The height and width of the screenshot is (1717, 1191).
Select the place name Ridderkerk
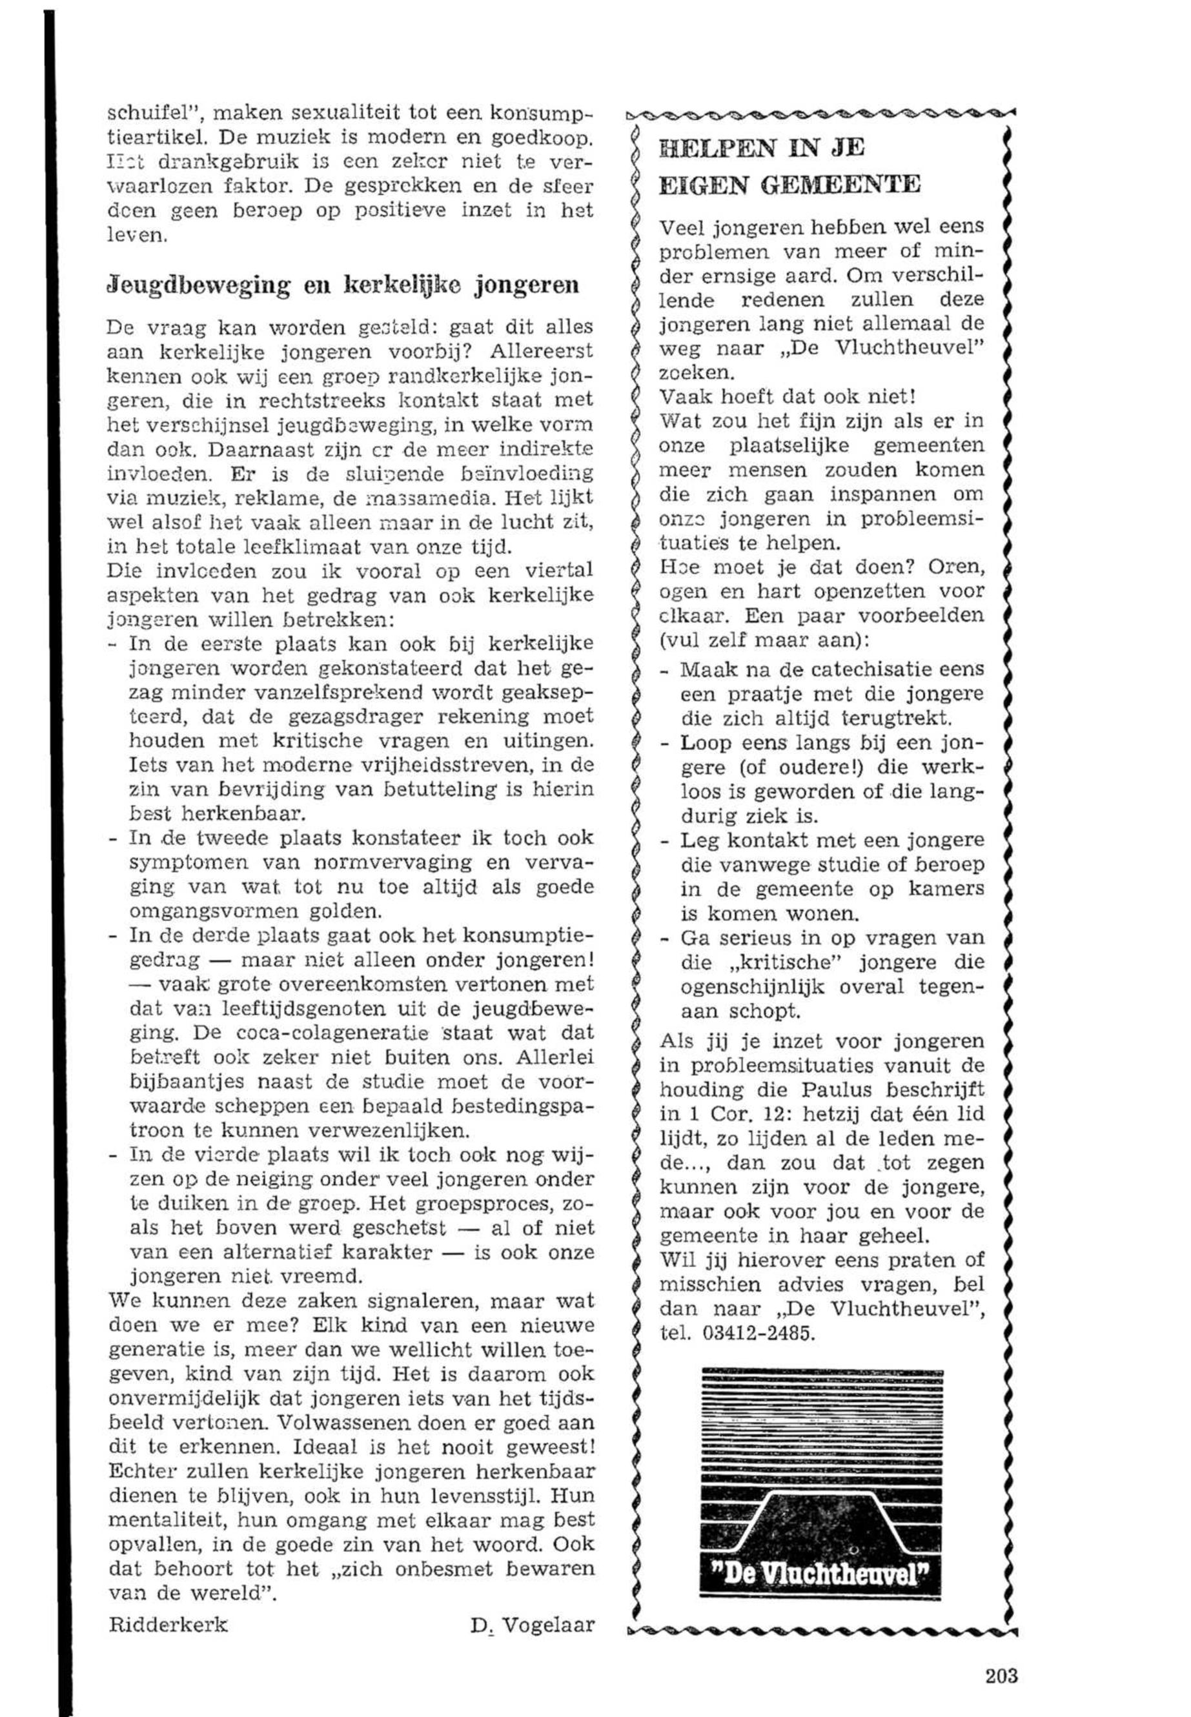(x=168, y=1603)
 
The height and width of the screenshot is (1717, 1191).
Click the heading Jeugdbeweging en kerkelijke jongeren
(x=344, y=286)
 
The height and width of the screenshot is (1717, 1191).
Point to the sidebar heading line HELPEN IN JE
(x=762, y=148)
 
